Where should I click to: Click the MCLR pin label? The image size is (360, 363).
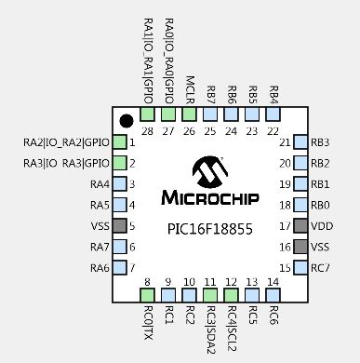coord(189,89)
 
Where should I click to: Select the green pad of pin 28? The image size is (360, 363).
coord(147,114)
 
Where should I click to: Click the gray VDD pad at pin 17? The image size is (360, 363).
coord(300,226)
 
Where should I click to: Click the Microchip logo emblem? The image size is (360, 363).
coord(209,172)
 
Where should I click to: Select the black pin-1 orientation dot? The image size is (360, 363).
coord(126,120)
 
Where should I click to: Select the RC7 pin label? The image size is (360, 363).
coord(321,268)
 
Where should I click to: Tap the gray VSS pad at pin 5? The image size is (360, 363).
coord(119,226)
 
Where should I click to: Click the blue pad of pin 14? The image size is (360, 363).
coord(273,295)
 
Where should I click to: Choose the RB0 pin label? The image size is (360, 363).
coord(321,205)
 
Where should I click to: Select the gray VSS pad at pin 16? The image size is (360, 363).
coord(300,247)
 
